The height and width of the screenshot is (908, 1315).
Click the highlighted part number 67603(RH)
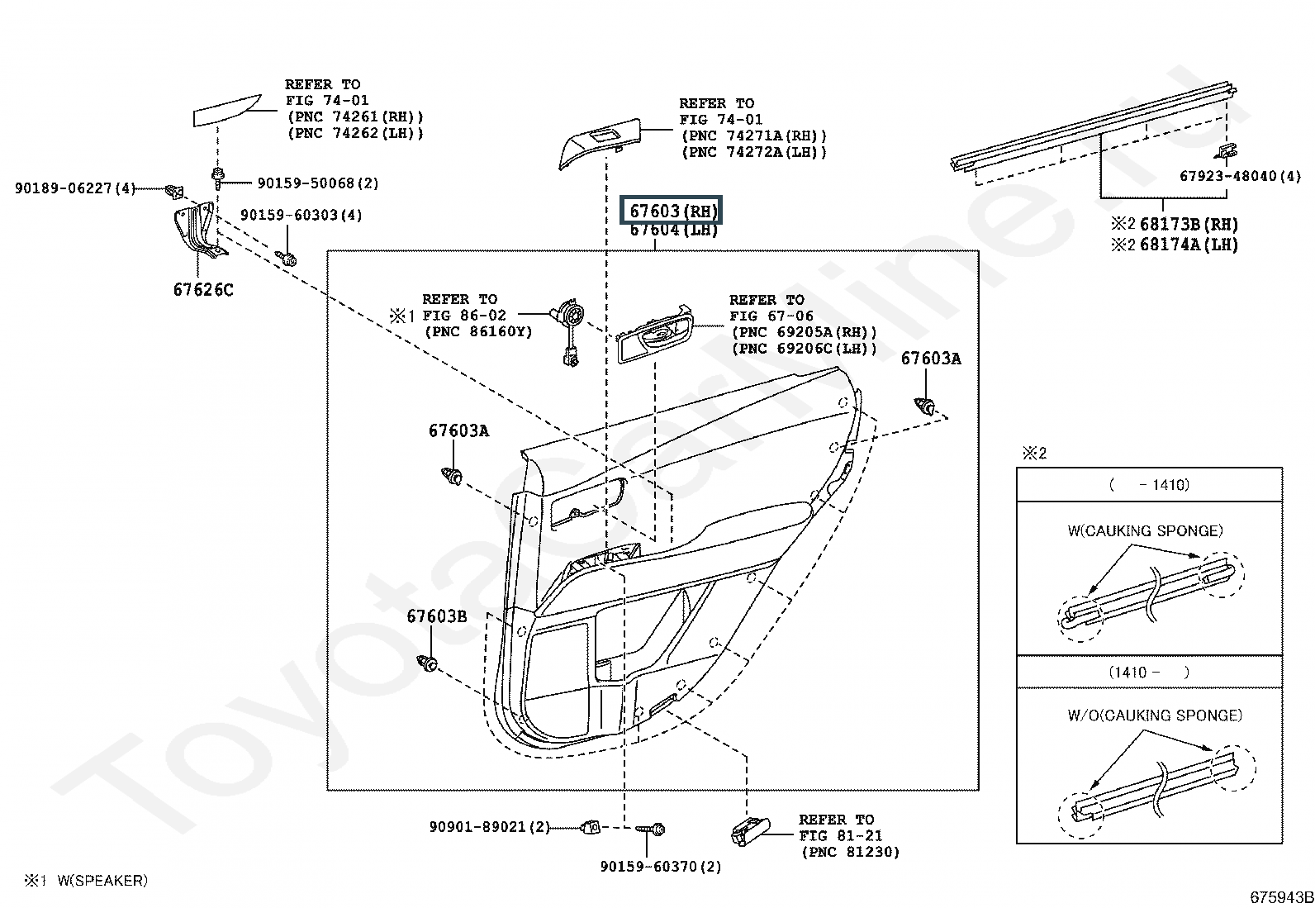click(673, 211)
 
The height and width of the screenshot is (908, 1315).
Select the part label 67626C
click(203, 289)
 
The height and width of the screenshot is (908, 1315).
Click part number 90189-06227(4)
click(74, 188)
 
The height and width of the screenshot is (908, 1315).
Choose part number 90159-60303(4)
click(301, 215)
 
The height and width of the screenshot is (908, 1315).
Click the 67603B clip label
click(436, 616)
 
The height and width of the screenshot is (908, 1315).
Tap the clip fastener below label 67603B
click(427, 663)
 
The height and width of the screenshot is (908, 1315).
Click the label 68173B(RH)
click(1189, 224)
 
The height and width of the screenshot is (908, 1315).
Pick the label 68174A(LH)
click(1189, 245)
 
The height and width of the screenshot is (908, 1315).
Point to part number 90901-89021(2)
click(489, 826)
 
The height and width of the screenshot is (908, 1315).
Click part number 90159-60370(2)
click(660, 866)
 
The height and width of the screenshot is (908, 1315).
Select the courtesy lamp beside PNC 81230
click(749, 830)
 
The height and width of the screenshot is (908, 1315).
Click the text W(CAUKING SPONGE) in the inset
click(1145, 530)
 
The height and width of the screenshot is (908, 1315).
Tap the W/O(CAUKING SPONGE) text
click(1154, 715)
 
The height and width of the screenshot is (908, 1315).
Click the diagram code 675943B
click(1280, 897)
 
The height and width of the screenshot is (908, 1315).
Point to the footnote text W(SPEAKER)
click(102, 881)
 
